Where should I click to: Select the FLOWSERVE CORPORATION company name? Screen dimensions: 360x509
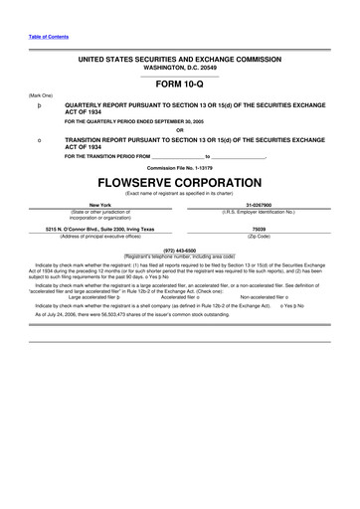pos(179,185)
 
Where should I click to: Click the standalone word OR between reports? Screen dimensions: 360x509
pos(179,131)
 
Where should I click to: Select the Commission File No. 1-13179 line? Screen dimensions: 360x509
pos(179,169)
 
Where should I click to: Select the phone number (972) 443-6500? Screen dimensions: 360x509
pos(179,250)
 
